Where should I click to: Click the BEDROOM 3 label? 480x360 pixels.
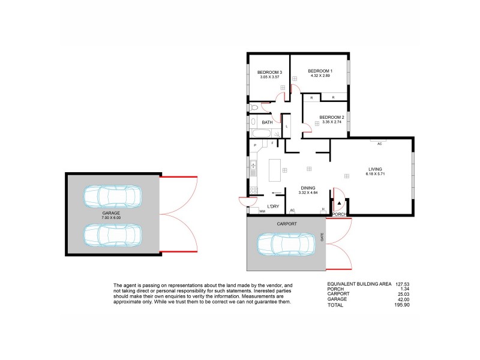270,73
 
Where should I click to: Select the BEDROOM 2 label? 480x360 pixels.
331,117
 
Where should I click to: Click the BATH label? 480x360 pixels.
267,122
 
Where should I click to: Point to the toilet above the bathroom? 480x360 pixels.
254,107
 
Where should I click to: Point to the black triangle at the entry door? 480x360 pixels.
338,204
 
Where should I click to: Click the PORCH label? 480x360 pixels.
339,214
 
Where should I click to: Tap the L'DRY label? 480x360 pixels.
274,206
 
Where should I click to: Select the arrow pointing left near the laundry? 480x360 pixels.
278,193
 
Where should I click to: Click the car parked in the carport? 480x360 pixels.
286,244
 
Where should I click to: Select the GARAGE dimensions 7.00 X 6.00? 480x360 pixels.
111,218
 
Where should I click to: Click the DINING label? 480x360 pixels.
309,188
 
